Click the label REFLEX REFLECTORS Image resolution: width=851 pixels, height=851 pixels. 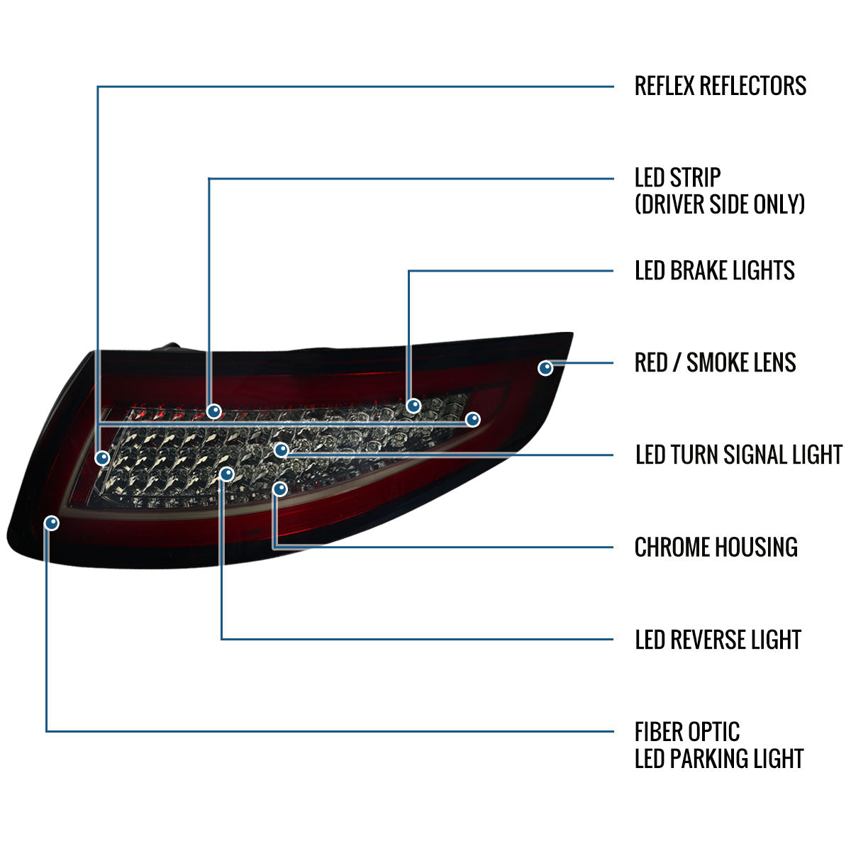[x=720, y=86]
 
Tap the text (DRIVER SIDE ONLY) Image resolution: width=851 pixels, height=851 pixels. [x=720, y=204]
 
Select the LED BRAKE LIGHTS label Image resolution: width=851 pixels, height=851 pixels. [x=714, y=270]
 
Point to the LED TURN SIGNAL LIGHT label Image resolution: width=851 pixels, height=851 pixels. [x=738, y=455]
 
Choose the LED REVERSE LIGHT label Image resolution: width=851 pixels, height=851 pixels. [x=718, y=640]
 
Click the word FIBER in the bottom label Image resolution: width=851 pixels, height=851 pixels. [x=659, y=732]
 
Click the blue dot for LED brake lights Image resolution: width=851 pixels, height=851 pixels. [x=413, y=406]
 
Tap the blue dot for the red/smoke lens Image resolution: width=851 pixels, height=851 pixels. [x=545, y=367]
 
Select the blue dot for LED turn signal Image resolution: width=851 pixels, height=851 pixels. [x=282, y=450]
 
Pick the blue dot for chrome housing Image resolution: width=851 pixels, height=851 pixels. [x=280, y=489]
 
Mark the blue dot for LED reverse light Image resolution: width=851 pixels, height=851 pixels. [x=226, y=473]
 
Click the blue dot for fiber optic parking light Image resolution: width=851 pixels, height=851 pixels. [x=51, y=523]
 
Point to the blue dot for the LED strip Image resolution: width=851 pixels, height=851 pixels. [x=213, y=411]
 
